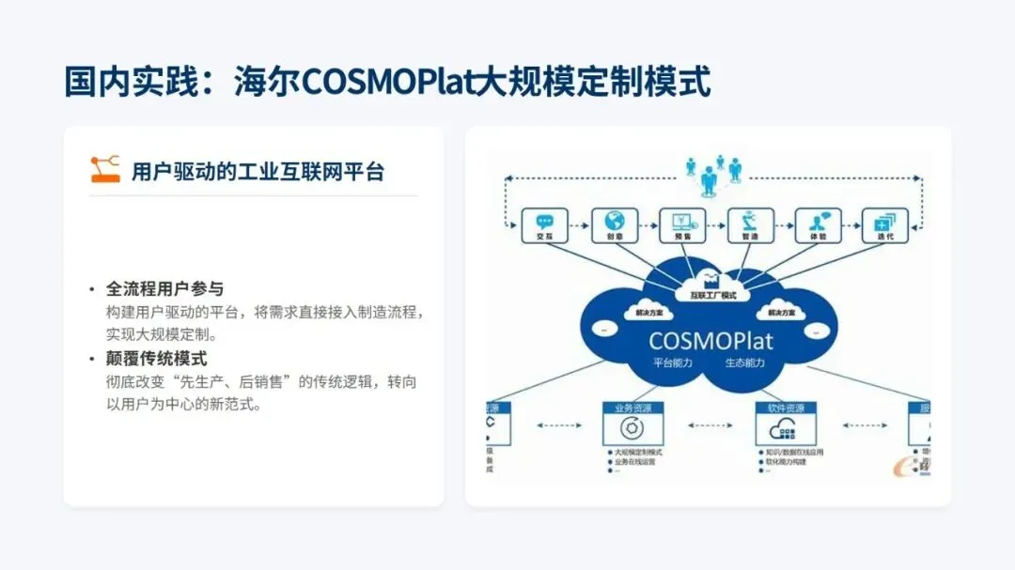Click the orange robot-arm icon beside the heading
105,169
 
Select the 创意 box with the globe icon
615,226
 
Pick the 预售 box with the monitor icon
682,226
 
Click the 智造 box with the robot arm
751,226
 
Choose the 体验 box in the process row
819,226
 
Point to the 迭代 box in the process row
886,226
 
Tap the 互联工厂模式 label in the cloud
712,295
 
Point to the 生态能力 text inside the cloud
744,362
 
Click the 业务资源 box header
632,408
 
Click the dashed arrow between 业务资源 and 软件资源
710,426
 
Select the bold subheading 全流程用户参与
164,289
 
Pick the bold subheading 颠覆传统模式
156,359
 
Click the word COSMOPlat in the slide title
388,82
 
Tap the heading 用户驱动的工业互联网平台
258,171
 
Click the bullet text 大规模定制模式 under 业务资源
640,452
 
